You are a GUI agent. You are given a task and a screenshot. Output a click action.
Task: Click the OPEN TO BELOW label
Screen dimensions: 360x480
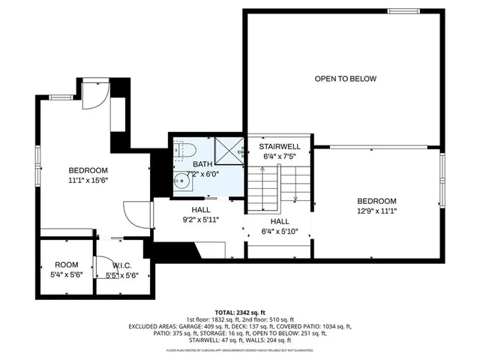click(345, 79)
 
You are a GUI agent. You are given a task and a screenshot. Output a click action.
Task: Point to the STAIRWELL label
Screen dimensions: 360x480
click(280, 147)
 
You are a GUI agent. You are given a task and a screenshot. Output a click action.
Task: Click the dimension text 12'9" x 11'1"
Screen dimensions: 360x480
click(376, 211)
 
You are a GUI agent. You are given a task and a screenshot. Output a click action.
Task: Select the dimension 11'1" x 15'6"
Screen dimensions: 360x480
click(88, 180)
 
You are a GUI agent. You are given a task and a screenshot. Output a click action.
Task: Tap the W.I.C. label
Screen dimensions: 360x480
click(122, 265)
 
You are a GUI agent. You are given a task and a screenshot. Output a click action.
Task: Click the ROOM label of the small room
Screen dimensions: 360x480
click(66, 265)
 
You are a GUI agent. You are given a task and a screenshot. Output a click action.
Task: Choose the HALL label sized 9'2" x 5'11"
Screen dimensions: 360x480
click(201, 210)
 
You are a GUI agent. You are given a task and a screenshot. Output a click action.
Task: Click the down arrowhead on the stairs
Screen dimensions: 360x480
click(295, 199)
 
